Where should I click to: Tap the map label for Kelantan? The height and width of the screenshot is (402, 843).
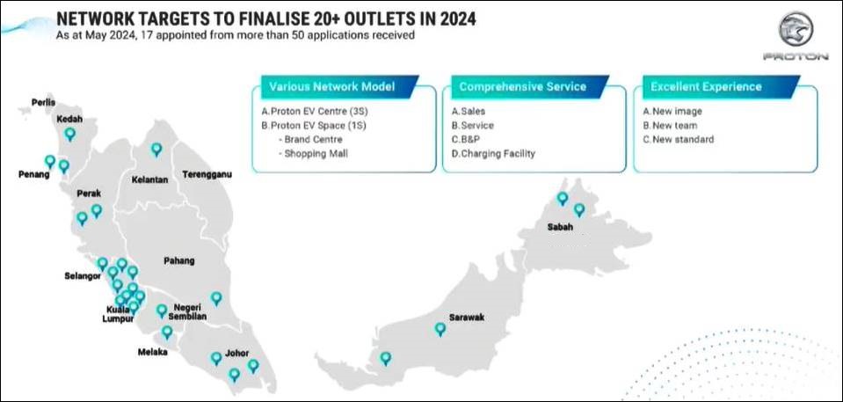pos(150,179)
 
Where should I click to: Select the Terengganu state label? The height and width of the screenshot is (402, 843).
pos(207,174)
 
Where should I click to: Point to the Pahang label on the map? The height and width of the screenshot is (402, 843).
pos(179,261)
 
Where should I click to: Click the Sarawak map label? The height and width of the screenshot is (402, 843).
pos(466,318)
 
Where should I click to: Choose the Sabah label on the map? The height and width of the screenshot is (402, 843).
pos(560,227)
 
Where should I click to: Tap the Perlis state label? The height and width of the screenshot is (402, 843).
pos(43,102)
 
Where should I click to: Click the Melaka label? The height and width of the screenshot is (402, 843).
pos(153,352)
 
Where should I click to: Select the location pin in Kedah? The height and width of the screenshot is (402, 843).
pos(70,134)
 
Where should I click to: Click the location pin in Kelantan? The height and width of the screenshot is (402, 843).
pos(156,149)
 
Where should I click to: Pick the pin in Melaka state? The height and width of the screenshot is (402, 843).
pos(167,332)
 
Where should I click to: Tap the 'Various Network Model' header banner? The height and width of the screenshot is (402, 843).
pos(340,87)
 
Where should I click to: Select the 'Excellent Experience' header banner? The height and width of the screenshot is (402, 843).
pos(722,87)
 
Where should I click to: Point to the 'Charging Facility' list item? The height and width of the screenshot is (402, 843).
pos(493,154)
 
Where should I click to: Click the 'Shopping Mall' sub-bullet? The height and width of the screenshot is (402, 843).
pos(314,154)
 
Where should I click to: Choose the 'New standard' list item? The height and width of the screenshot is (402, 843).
pos(679,139)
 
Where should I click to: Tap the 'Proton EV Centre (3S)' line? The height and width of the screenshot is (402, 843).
pos(315,112)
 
